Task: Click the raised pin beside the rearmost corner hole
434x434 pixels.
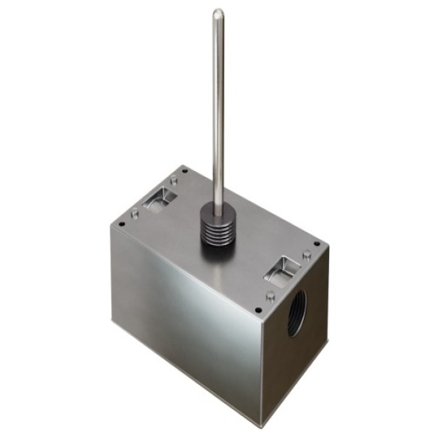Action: (174, 179)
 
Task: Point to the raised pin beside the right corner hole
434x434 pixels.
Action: (306, 254)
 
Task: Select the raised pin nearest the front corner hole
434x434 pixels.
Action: (270, 295)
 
